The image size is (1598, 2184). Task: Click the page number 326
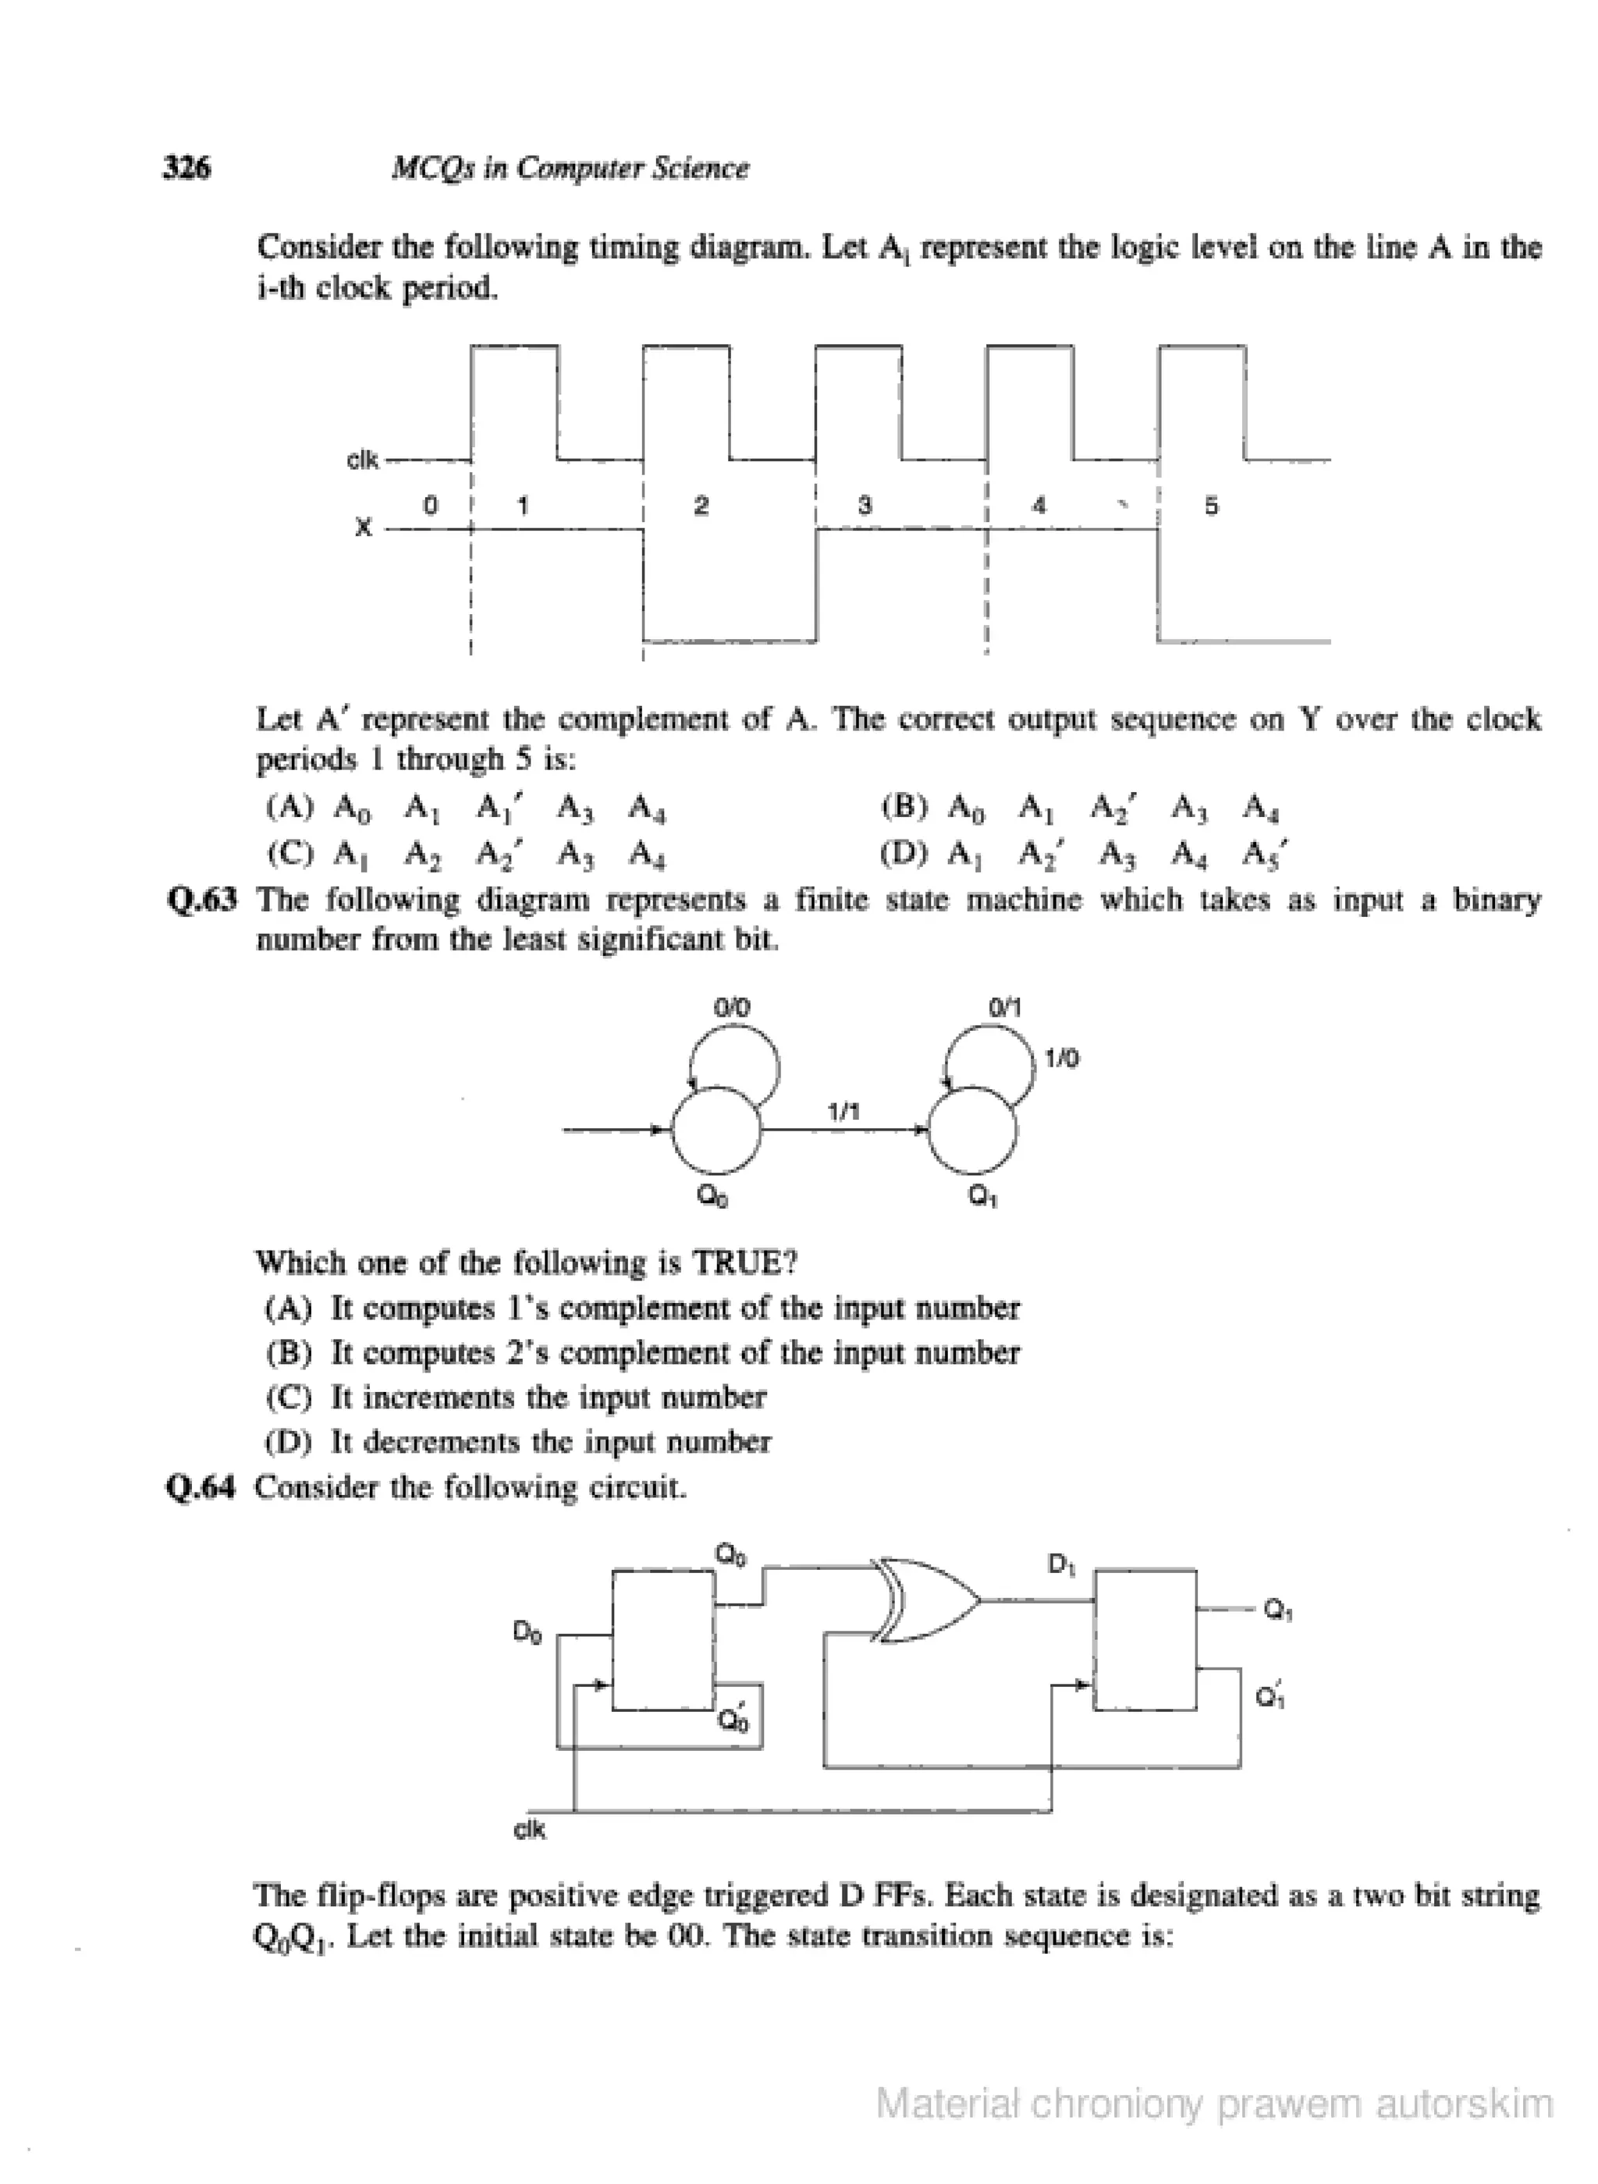click(186, 169)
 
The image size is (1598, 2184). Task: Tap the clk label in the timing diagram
click(363, 460)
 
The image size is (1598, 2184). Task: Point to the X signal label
click(363, 529)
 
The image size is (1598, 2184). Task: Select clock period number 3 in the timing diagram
click(865, 505)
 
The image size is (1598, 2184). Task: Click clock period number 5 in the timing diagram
click(1211, 505)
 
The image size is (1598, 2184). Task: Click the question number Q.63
click(201, 900)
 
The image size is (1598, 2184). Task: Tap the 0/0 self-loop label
click(731, 1008)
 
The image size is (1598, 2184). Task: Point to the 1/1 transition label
click(843, 1113)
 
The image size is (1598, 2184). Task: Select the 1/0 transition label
click(1062, 1059)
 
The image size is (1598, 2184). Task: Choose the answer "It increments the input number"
click(548, 1397)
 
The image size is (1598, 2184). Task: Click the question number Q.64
click(201, 1487)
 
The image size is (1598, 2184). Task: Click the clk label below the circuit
click(529, 1829)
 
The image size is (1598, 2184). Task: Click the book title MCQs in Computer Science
click(570, 169)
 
